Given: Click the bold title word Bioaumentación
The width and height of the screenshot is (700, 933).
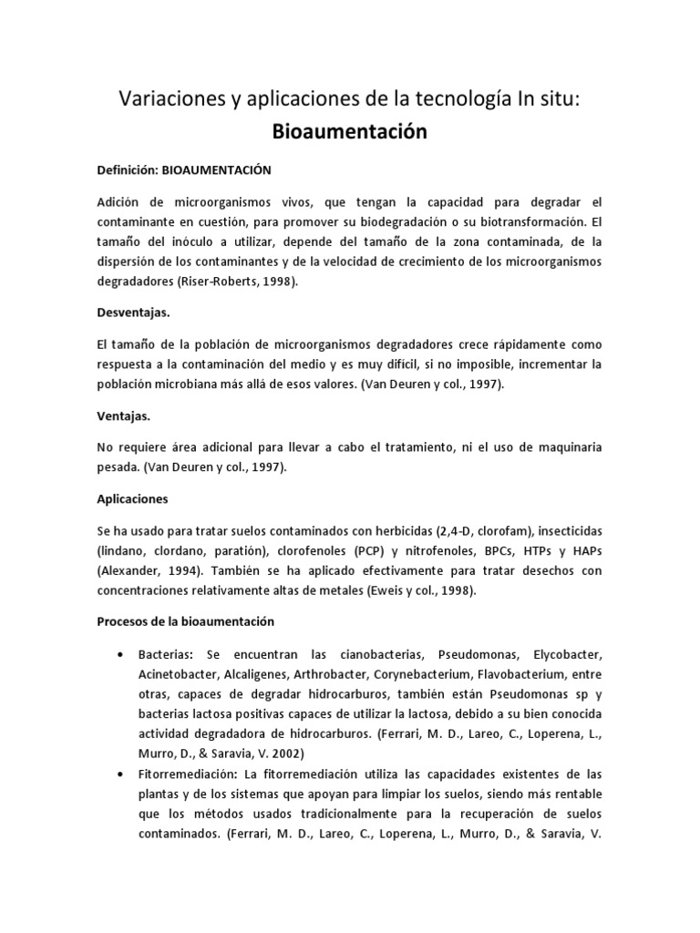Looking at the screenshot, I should click(x=350, y=132).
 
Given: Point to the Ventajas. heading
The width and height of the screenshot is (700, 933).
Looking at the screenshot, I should click(x=123, y=415).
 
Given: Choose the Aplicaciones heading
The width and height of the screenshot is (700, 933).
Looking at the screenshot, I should click(x=132, y=499).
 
